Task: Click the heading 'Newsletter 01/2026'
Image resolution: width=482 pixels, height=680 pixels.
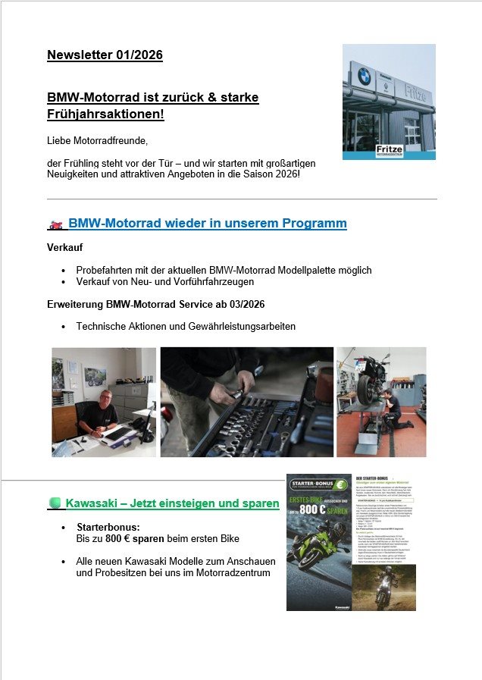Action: (x=105, y=55)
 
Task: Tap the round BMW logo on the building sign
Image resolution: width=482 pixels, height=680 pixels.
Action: (x=365, y=77)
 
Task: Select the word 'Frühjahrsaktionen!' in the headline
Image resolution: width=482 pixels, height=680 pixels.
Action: (x=106, y=114)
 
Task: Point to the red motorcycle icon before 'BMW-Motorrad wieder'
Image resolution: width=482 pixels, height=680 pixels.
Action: (x=56, y=225)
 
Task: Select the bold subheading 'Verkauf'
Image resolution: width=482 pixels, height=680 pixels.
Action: (x=65, y=248)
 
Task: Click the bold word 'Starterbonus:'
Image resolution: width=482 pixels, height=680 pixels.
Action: (x=108, y=527)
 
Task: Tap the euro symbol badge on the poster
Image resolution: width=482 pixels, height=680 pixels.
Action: (x=340, y=484)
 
